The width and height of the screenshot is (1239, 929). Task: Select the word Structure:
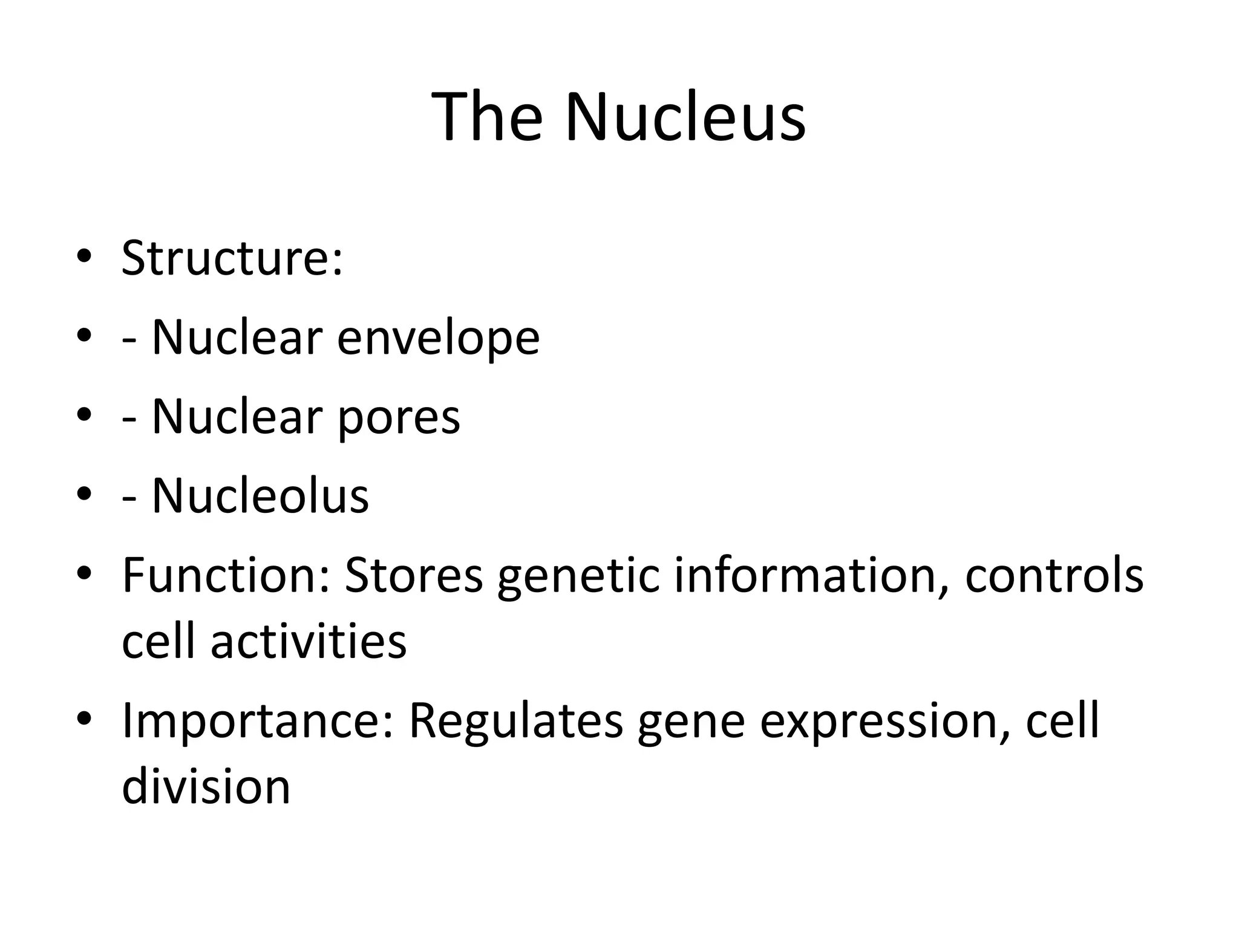232,258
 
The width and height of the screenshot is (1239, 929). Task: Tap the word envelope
438,337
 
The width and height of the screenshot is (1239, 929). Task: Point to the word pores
399,417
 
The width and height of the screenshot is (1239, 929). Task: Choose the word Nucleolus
260,496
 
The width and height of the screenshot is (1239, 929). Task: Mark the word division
206,787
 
